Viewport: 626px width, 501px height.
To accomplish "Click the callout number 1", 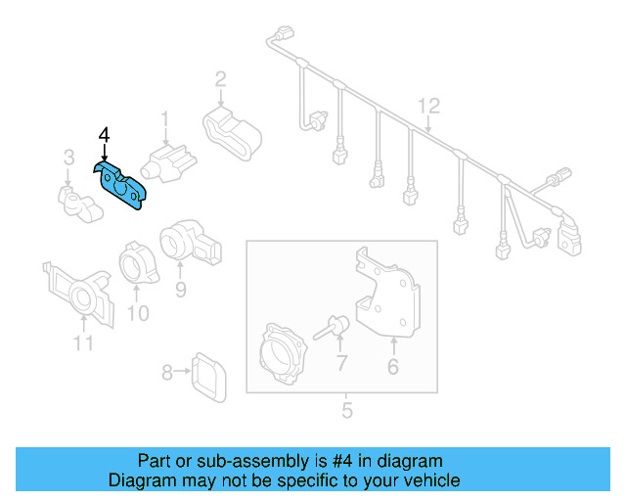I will pyautogui.click(x=165, y=119).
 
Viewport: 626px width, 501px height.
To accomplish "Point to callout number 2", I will pyautogui.click(x=221, y=78).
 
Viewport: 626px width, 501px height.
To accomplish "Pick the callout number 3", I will pyautogui.click(x=68, y=157).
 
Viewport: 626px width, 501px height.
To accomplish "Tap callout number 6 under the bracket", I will pyautogui.click(x=393, y=367).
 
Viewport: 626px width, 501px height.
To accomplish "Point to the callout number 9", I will pyautogui.click(x=181, y=290).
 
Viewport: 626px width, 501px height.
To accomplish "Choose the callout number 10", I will pyautogui.click(x=138, y=313).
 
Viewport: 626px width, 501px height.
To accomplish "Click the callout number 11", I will pyautogui.click(x=83, y=342).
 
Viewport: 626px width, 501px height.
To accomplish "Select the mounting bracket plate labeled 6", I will pyautogui.click(x=384, y=294).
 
